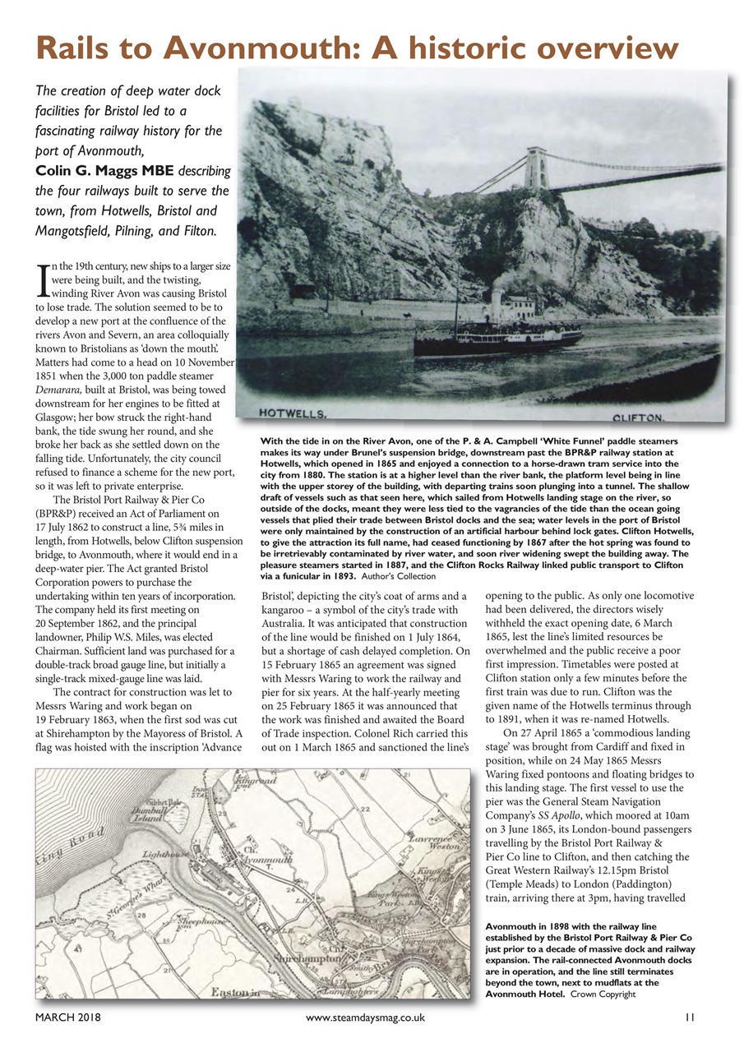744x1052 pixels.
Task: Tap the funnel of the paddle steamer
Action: [x=497, y=301]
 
